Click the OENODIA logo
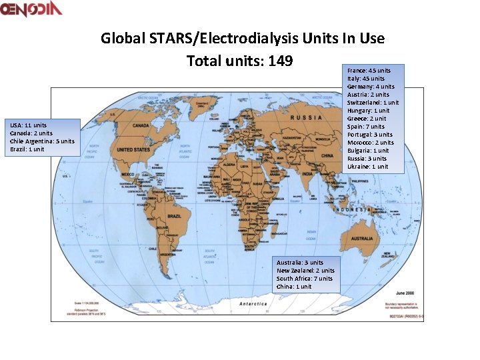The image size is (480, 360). coord(31,9)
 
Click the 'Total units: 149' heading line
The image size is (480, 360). coord(240,61)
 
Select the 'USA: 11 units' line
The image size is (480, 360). coord(28,125)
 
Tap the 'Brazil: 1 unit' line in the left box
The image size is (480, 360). coord(27,149)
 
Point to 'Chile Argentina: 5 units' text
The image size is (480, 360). coord(42,141)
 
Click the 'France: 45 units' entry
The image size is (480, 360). coord(369,70)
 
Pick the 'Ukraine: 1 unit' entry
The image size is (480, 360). coord(367,167)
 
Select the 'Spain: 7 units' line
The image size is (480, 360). coord(365,127)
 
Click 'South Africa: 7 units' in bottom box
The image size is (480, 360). coord(305,279)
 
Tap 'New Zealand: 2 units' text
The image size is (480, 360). coord(305,271)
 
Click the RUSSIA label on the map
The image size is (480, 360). coord(305,117)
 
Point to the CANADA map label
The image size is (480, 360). coord(140,125)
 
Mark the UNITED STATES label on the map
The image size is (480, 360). coord(133,150)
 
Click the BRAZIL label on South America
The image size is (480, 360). coord(174,217)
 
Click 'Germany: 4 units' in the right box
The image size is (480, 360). coord(371,87)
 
